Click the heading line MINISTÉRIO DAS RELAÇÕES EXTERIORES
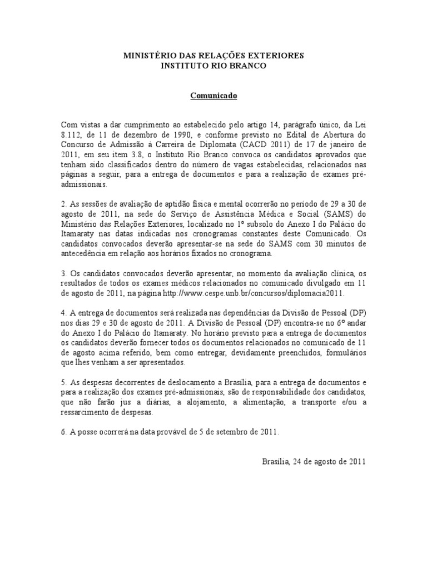(x=213, y=56)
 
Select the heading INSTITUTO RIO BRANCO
(x=213, y=66)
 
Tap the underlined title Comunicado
(x=214, y=96)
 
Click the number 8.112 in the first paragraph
(x=71, y=134)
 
